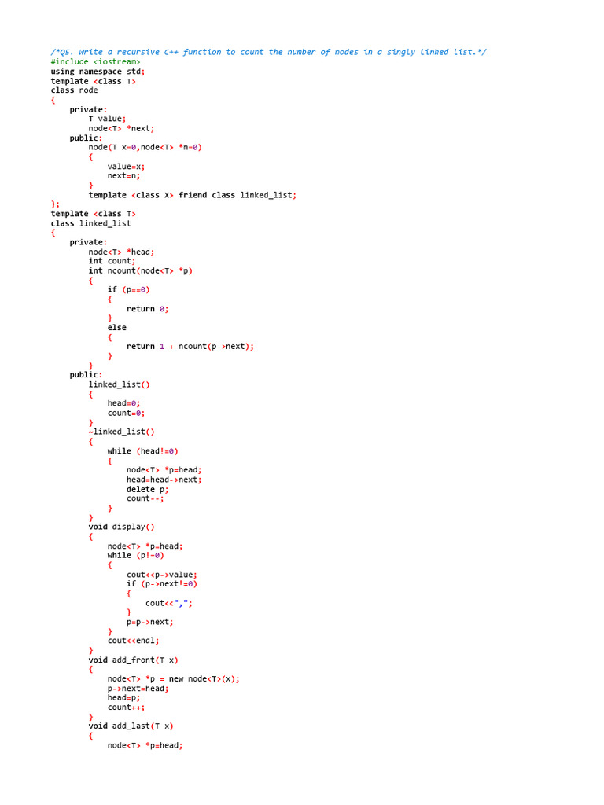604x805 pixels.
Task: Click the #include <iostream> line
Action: [x=96, y=61]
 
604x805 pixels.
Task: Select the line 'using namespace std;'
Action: [x=98, y=71]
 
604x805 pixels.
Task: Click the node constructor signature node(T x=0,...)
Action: [x=145, y=147]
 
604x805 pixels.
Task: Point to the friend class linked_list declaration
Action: [x=238, y=195]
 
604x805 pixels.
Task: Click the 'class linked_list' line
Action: [x=91, y=223]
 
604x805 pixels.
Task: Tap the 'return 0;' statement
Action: [x=147, y=309]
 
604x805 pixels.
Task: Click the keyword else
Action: [x=116, y=328]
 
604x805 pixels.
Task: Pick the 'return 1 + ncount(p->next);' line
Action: [x=190, y=347]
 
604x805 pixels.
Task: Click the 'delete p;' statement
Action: [x=147, y=489]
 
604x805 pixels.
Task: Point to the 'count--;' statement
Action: [x=145, y=498]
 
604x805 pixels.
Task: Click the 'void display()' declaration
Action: [x=121, y=527]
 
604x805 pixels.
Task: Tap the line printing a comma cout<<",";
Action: [x=168, y=603]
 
